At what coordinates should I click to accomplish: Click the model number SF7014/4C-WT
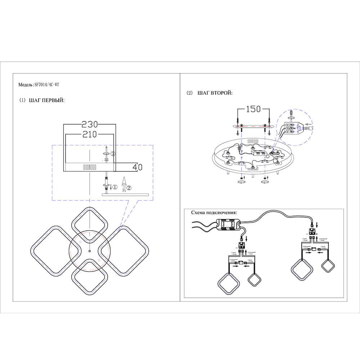46,85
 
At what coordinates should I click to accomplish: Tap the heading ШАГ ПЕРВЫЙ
46,100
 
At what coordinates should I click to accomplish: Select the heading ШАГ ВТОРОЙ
215,93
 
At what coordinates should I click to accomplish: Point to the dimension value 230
90,124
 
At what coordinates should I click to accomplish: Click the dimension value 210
90,134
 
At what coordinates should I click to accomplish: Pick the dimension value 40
137,167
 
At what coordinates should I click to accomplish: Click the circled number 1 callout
114,187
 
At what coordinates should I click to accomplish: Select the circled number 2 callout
129,187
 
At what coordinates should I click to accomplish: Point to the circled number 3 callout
113,154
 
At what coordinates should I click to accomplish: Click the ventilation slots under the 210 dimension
90,167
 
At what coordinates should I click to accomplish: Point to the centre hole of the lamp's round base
89,251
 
